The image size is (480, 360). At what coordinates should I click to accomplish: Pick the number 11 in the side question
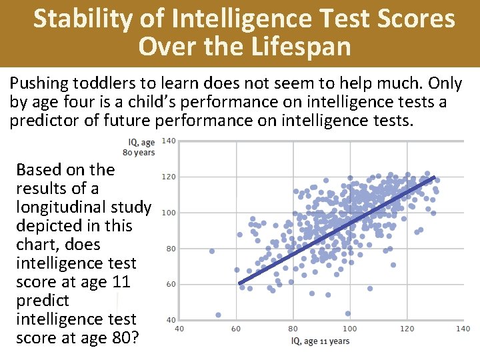(120, 282)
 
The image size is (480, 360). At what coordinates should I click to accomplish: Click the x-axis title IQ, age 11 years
(320, 341)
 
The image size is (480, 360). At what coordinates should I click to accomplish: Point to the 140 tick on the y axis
(169, 141)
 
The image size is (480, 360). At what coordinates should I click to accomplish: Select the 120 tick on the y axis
(169, 177)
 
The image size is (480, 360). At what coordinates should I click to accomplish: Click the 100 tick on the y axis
(169, 213)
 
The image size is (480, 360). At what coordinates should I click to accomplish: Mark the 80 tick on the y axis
(171, 249)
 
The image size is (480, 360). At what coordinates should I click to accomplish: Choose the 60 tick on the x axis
(237, 329)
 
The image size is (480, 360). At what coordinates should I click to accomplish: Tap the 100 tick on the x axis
(350, 329)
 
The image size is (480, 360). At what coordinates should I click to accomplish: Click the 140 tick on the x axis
(463, 329)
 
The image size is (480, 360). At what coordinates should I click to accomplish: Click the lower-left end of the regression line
(240, 283)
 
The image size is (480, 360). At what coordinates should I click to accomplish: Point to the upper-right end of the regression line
(434, 177)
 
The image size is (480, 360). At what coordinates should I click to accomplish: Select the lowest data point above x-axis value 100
(348, 313)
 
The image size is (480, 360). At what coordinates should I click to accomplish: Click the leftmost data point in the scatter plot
(212, 251)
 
